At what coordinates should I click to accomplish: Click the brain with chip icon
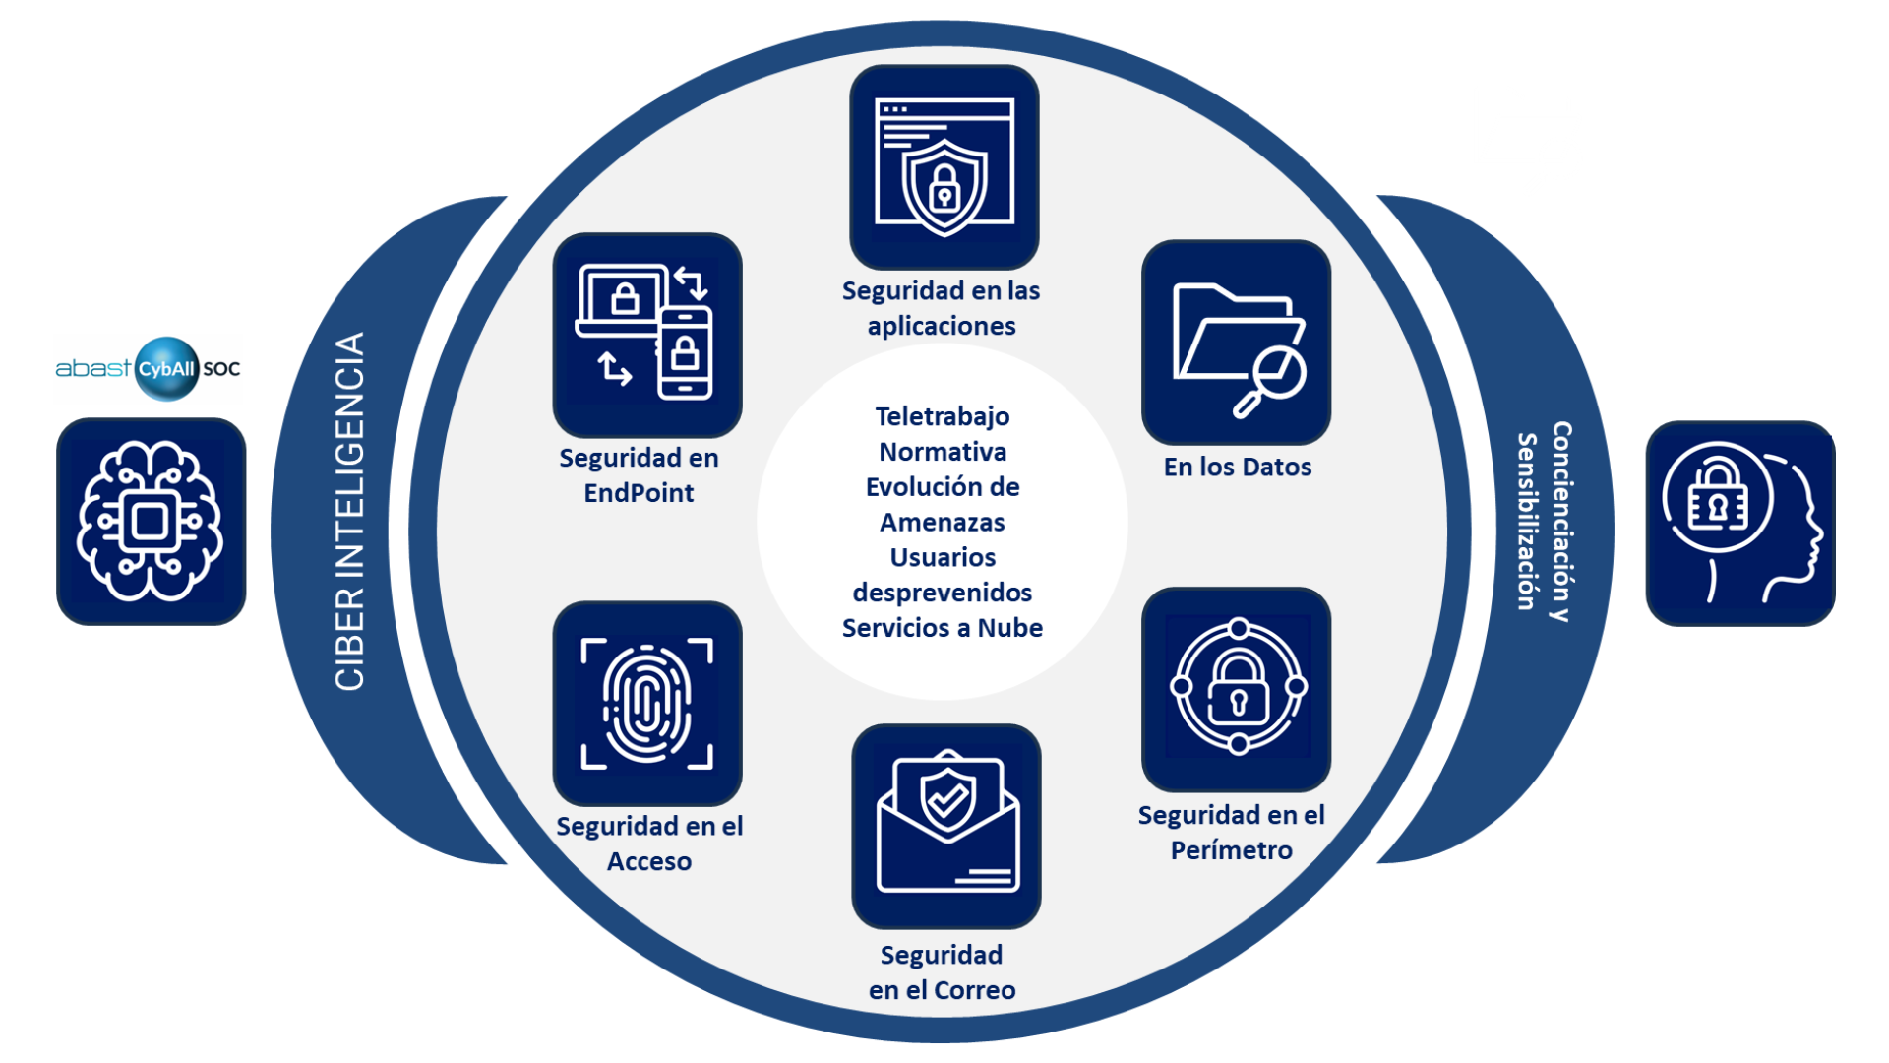coord(151,522)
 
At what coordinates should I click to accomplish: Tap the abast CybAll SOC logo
coord(148,368)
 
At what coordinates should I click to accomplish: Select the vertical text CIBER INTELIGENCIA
coord(350,511)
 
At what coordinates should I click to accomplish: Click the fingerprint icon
coord(646,703)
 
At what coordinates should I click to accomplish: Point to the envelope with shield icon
coord(945,826)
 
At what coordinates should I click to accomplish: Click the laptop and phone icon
coord(646,335)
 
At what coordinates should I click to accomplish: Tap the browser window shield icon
coord(944,166)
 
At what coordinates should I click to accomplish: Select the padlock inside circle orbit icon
coord(1237,689)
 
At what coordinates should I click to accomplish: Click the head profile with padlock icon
coord(1739,523)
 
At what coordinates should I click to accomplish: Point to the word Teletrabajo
coord(943,416)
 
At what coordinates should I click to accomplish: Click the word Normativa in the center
coord(943,452)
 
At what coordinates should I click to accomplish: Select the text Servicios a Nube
coord(943,628)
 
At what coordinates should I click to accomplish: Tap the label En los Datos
coord(1237,467)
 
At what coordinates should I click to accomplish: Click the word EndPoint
coord(639,493)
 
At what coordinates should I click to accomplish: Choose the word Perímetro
coord(1231,850)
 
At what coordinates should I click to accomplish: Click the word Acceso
coord(648,861)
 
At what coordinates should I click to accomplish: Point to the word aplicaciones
coord(942,326)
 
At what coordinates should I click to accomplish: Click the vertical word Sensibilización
coord(1526,522)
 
